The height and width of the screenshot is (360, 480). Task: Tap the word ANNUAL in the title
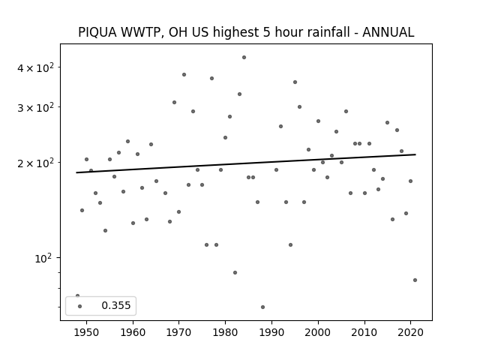[388, 32]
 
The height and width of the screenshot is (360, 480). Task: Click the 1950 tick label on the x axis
[87, 332]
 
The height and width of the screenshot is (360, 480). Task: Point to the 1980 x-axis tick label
[225, 332]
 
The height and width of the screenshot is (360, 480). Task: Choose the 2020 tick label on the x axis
[410, 332]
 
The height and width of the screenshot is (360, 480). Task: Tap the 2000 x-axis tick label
[318, 332]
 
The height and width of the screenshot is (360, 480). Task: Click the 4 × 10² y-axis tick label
[35, 67]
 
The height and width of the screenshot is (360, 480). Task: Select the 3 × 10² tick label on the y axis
[35, 107]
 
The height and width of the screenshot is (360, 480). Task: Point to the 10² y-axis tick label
[43, 259]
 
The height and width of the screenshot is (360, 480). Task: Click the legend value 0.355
[116, 305]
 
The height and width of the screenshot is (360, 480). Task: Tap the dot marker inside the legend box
[80, 306]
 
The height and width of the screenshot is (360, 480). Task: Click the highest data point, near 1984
[244, 57]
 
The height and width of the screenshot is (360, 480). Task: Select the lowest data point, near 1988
[262, 307]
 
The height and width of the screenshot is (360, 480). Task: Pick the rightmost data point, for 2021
[415, 280]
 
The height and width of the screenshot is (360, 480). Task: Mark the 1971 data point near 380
[184, 75]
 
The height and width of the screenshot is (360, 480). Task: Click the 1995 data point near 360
[295, 82]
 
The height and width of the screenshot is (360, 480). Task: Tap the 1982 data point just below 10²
[235, 272]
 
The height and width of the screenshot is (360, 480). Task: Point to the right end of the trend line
[415, 154]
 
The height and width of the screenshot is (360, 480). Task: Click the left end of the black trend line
[76, 172]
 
